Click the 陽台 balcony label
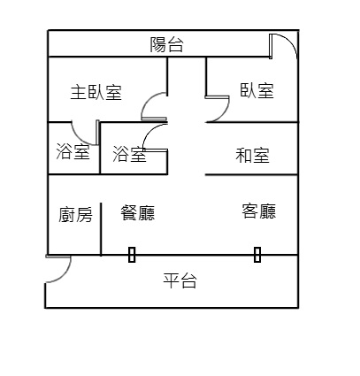click(x=166, y=45)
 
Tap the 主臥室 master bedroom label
click(x=96, y=92)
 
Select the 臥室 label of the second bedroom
click(x=257, y=90)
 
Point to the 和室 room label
click(x=252, y=155)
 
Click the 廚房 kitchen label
click(x=75, y=214)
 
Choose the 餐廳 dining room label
click(x=138, y=212)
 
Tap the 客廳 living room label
click(x=259, y=211)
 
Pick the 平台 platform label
click(x=180, y=280)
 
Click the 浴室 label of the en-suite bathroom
click(x=73, y=151)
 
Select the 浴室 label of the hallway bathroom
click(x=129, y=153)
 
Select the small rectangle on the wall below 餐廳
click(x=132, y=255)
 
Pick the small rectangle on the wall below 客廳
click(x=257, y=255)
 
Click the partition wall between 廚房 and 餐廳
click(x=101, y=229)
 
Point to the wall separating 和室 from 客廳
click(x=251, y=175)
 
